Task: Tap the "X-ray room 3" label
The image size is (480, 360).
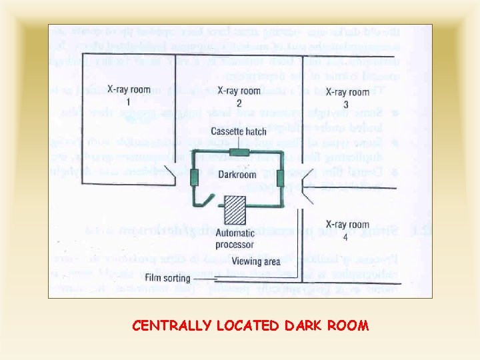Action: [x=346, y=97]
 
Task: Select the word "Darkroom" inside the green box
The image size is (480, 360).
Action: [x=237, y=175]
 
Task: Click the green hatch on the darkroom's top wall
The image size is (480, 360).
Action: [x=239, y=153]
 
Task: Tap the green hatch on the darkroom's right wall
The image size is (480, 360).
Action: [x=281, y=178]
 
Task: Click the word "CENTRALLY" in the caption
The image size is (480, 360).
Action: [x=166, y=326]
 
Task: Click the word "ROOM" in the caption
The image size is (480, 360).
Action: [x=349, y=326]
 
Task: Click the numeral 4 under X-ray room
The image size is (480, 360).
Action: [x=346, y=237]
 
